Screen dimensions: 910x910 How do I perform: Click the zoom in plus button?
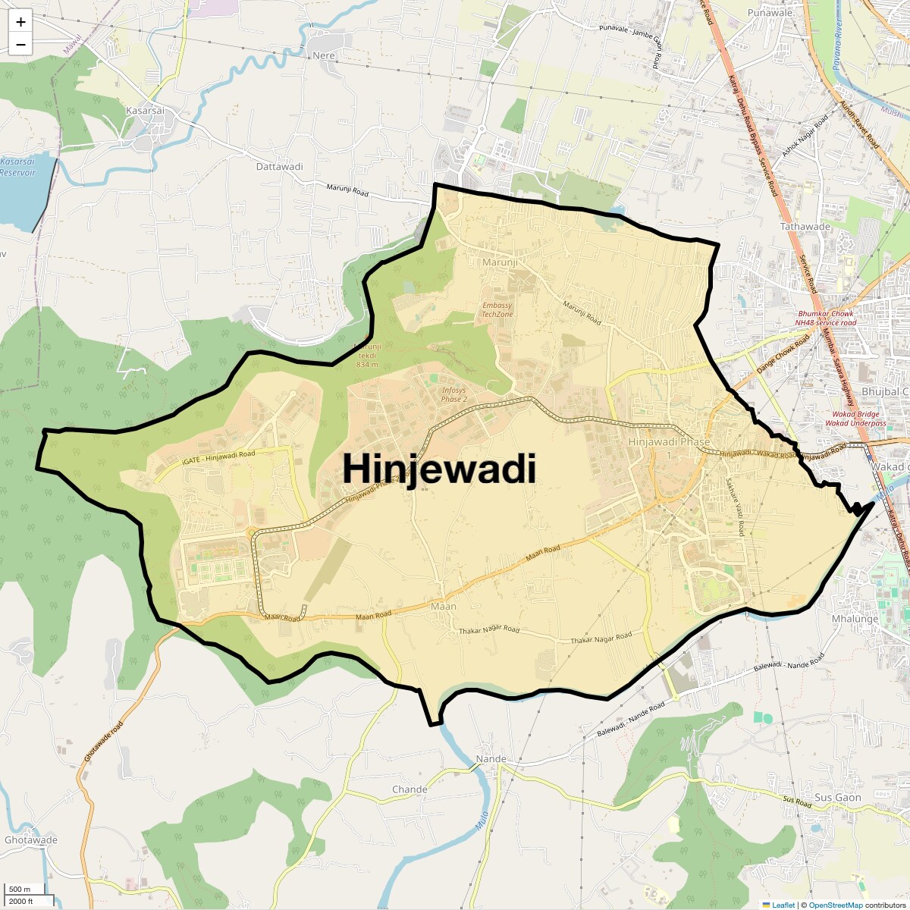(x=20, y=23)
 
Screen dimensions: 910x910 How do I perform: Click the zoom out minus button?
(x=20, y=45)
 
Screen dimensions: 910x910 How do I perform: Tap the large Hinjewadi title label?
(x=439, y=468)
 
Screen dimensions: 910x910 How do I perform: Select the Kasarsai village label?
(x=145, y=111)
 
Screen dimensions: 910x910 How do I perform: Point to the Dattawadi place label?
(x=279, y=167)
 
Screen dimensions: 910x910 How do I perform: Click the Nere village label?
(x=323, y=55)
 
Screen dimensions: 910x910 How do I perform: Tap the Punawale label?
(x=770, y=13)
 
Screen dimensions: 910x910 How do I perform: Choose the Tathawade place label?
(x=805, y=227)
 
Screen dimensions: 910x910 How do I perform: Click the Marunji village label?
(x=500, y=262)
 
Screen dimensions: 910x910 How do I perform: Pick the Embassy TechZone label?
(x=497, y=309)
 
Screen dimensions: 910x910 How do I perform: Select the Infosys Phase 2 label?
(x=454, y=394)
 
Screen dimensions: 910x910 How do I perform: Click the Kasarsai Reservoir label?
(x=17, y=167)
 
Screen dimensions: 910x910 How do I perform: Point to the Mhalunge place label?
(x=855, y=619)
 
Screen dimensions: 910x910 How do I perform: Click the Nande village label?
(x=491, y=759)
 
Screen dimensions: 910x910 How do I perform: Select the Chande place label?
(x=409, y=789)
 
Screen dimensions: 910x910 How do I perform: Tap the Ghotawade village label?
(x=30, y=840)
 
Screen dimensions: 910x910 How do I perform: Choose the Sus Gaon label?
(x=838, y=798)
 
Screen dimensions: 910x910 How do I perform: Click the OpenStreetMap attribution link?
(x=835, y=905)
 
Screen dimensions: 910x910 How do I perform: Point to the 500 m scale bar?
(x=23, y=890)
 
